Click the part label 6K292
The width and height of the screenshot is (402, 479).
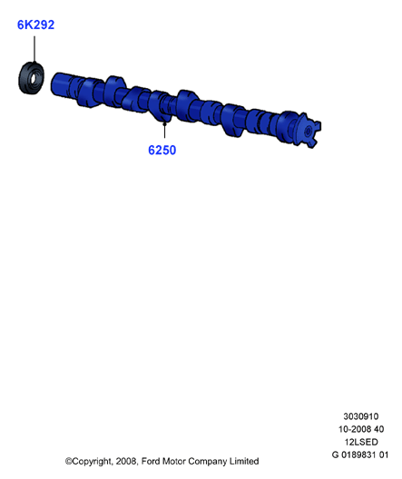click(35, 24)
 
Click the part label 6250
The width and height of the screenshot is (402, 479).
click(162, 150)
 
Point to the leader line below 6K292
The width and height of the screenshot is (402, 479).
click(34, 49)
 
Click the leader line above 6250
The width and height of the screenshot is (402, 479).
click(164, 130)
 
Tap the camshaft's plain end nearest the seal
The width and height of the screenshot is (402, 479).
click(60, 84)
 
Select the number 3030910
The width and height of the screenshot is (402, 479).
click(361, 416)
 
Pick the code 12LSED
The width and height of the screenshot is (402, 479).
click(361, 442)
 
